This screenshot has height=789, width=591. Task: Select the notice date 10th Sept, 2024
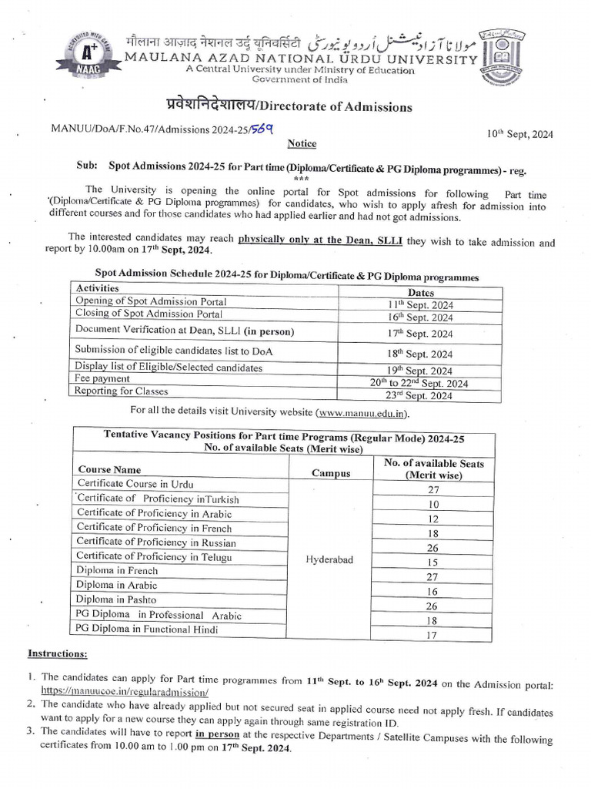pyautogui.click(x=519, y=133)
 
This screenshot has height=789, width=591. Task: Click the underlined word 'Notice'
pyautogui.click(x=301, y=143)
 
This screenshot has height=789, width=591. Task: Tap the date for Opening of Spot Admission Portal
pyautogui.click(x=420, y=304)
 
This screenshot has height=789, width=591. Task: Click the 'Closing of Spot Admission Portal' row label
pyautogui.click(x=149, y=314)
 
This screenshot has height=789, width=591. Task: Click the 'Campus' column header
pyautogui.click(x=330, y=473)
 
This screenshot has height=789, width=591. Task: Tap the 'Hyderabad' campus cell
pyautogui.click(x=329, y=560)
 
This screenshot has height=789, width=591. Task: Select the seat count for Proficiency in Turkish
pyautogui.click(x=432, y=504)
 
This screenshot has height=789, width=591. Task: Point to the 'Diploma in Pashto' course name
pyautogui.click(x=115, y=599)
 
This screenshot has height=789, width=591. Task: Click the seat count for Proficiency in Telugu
pyautogui.click(x=432, y=562)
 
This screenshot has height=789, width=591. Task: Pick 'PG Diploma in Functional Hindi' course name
pyautogui.click(x=146, y=630)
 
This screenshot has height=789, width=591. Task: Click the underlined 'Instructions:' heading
pyautogui.click(x=58, y=653)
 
